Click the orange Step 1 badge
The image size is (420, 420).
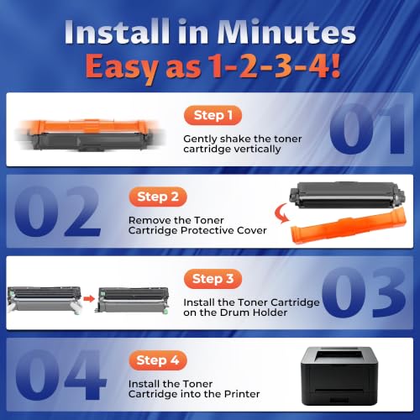pos(213,115)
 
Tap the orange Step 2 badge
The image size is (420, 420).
pos(158,197)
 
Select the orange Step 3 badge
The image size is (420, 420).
pos(213,279)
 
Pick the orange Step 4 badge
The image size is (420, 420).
pos(158,360)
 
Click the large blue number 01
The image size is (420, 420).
pos(368,129)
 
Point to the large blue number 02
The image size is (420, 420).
pos(57,211)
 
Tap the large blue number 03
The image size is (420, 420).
pos(364,292)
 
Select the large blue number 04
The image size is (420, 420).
pos(60,375)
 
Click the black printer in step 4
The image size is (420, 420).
pos(339,375)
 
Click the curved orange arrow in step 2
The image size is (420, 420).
pos(281,213)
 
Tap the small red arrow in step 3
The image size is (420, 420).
pos(89,299)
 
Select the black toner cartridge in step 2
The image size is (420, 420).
pos(347,195)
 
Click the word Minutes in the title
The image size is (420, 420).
pos(286,32)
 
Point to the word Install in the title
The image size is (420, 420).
pos(117,32)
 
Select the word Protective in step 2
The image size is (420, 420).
pos(207,230)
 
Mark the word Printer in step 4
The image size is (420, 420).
pos(242,394)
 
